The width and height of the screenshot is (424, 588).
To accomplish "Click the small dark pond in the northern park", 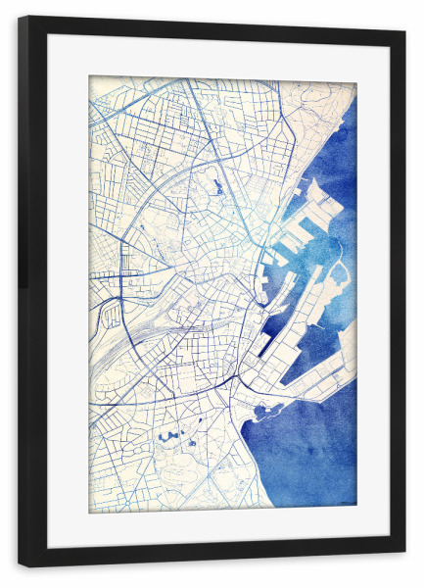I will (x=212, y=183).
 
